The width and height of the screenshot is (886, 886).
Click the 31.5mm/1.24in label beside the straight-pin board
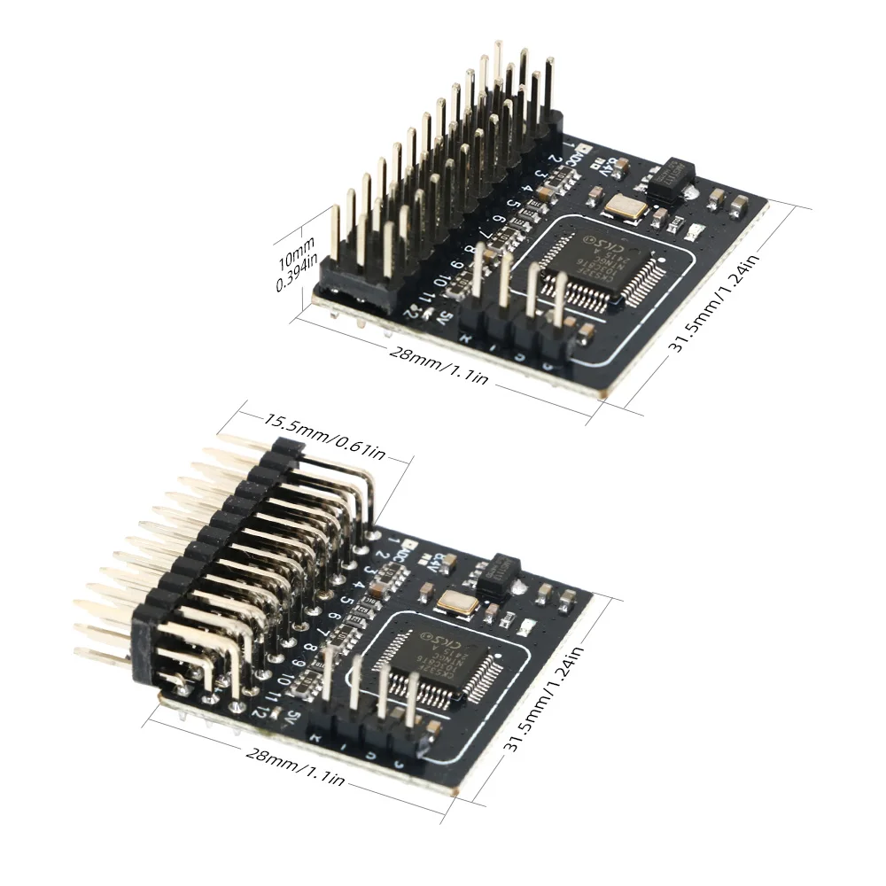click(x=715, y=302)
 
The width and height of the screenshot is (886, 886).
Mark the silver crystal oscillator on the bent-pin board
click(x=456, y=604)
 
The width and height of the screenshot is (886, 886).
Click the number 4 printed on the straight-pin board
click(x=529, y=188)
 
